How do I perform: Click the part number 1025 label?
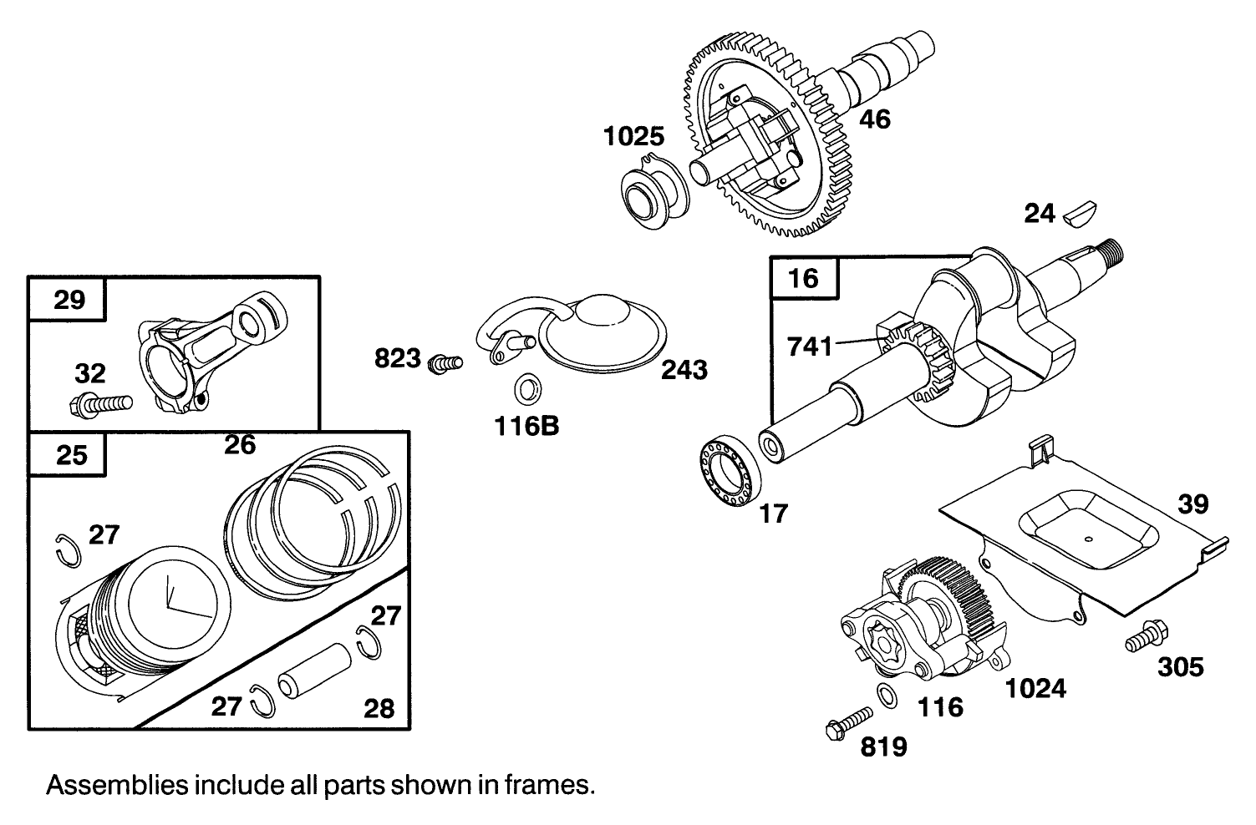(633, 136)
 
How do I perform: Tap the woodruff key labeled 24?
(1083, 215)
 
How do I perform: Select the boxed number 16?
(804, 277)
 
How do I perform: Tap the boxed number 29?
(69, 299)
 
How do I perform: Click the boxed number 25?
(71, 455)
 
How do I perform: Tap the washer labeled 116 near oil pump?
(887, 695)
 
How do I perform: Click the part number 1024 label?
(1035, 688)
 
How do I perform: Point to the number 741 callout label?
(811, 346)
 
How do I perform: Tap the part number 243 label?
(684, 370)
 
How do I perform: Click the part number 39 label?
(1193, 504)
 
